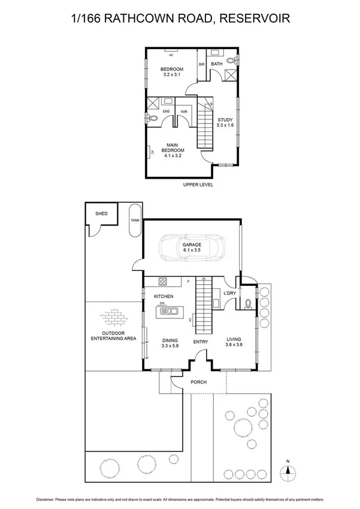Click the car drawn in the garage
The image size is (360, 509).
[192, 248]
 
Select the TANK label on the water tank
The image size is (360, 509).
[134, 221]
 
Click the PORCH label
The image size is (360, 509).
[198, 382]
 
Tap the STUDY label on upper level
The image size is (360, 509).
[226, 119]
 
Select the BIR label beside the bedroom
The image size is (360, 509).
[202, 64]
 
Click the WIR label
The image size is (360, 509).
[184, 112]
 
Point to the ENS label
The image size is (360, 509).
[166, 112]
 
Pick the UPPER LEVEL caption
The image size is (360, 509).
[198, 185]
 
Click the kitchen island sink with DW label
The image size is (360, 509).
[169, 310]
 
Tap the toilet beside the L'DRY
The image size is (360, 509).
[247, 303]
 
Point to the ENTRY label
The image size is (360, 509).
[200, 342]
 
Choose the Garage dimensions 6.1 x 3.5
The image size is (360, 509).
[192, 251]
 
